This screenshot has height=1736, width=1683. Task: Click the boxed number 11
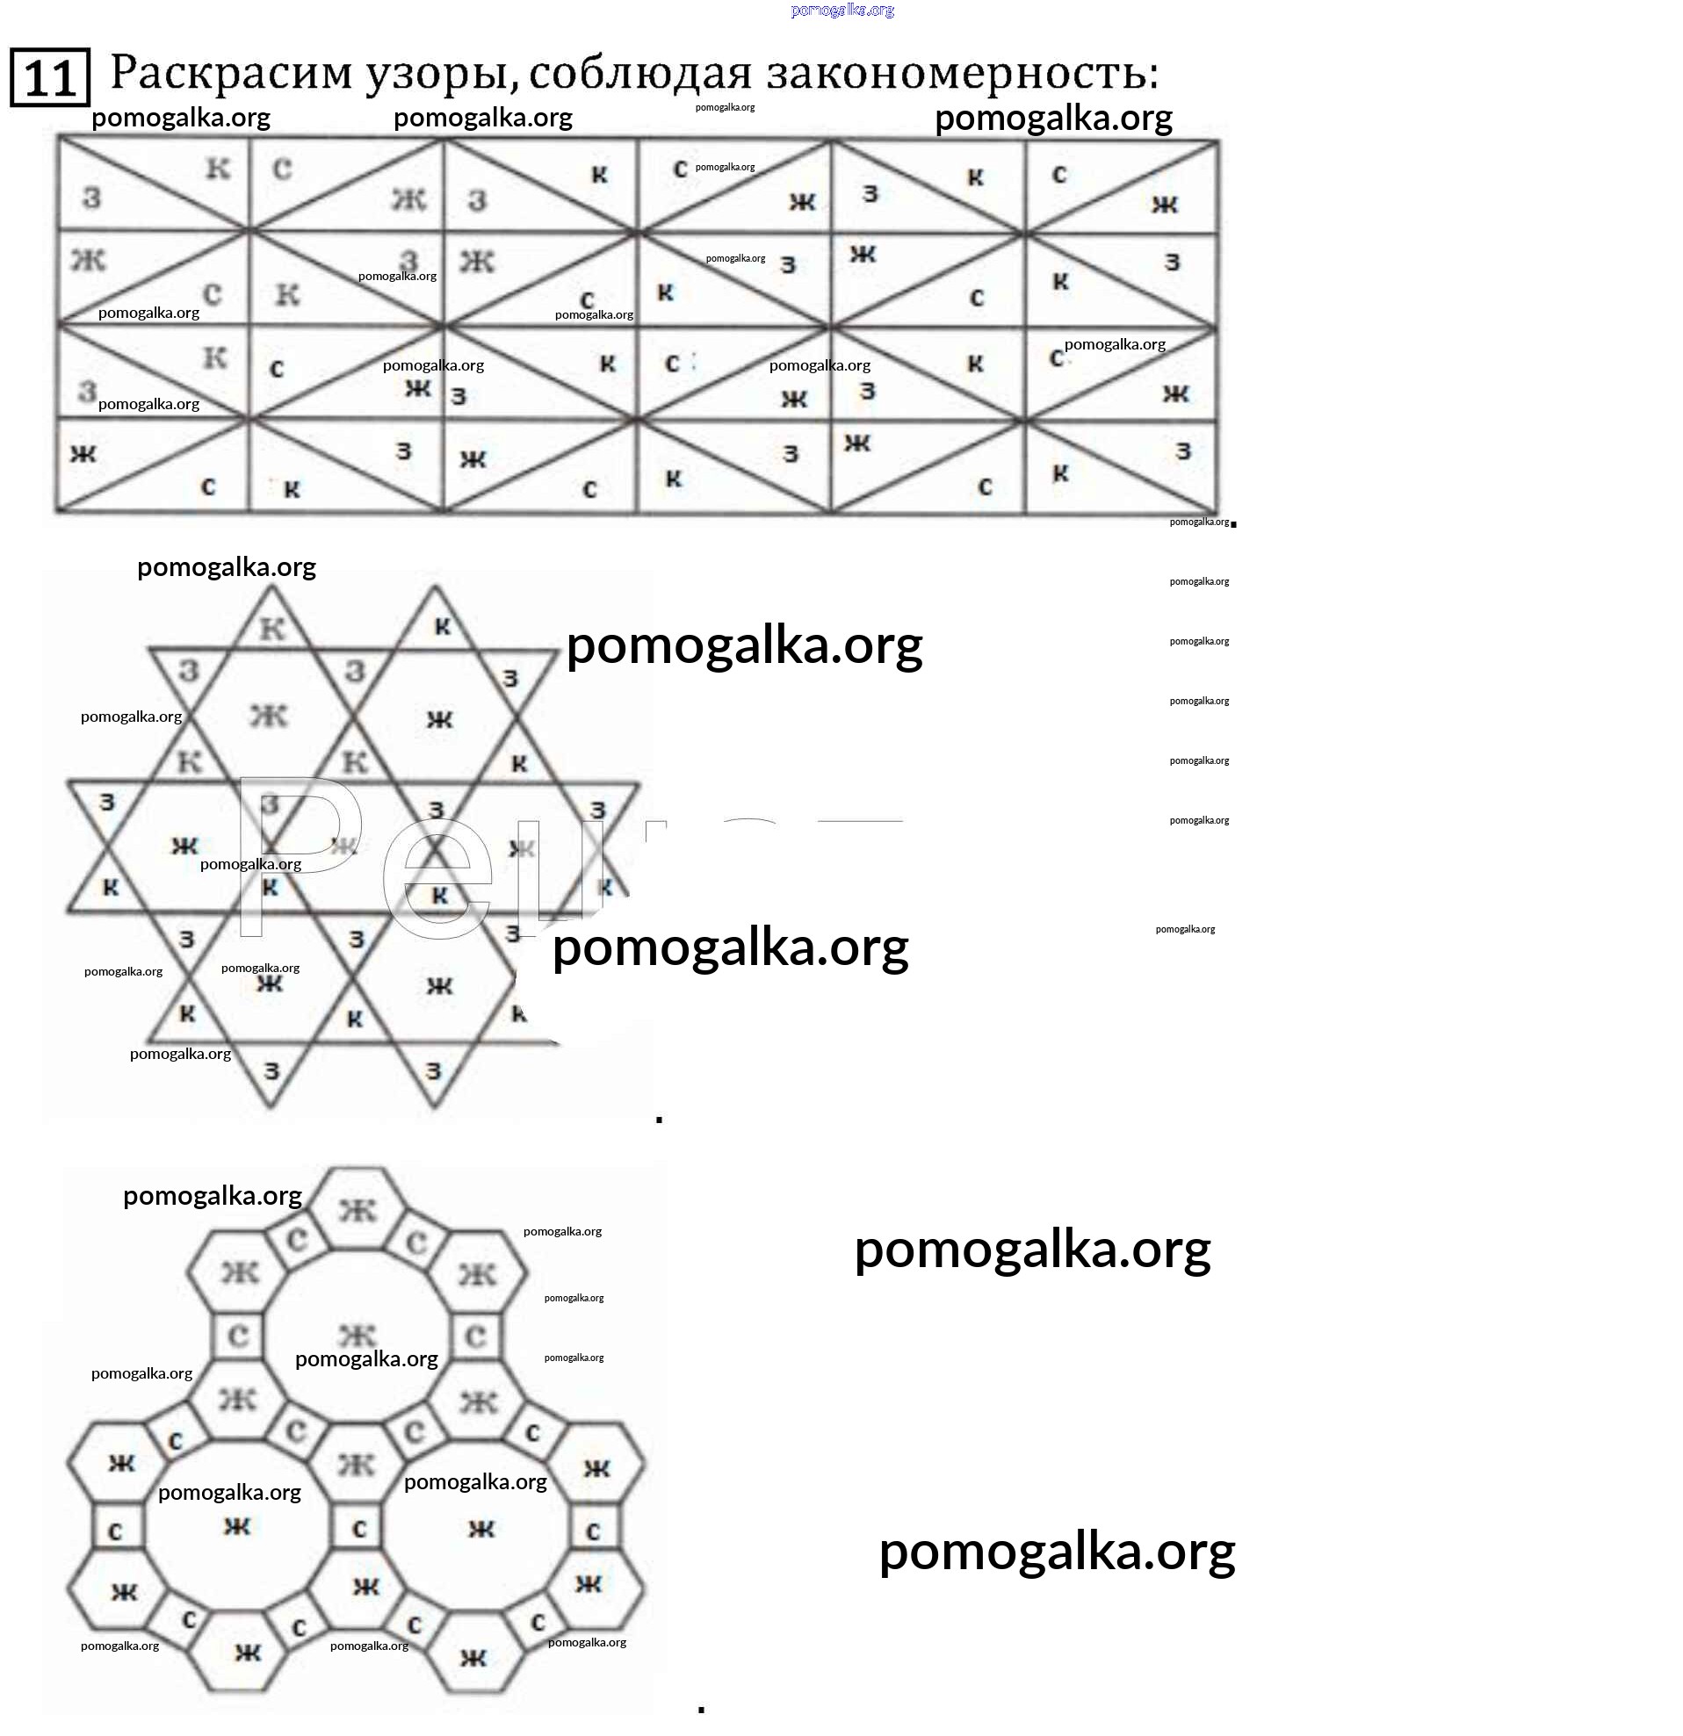point(49,78)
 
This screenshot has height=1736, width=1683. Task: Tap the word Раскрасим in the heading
point(231,74)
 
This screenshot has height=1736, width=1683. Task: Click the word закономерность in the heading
point(962,74)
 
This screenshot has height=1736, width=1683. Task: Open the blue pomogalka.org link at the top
point(841,11)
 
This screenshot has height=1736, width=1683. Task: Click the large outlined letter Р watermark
point(297,854)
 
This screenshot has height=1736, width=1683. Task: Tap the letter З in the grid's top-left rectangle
point(91,198)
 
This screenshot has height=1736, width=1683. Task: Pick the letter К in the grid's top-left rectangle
point(218,168)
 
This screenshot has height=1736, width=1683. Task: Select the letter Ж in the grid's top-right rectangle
point(1164,205)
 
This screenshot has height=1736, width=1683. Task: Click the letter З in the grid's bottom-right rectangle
point(1182,451)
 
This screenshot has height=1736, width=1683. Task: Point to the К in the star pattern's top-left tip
point(271,628)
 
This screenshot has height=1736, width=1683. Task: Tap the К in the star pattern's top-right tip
point(442,627)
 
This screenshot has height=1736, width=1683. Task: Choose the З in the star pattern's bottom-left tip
point(271,1070)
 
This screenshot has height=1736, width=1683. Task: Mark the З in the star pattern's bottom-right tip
point(433,1070)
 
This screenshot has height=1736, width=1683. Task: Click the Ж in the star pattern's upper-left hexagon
point(269,715)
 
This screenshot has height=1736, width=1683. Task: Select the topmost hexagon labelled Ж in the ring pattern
point(357,1210)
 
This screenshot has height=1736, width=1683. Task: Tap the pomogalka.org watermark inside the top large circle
point(365,1358)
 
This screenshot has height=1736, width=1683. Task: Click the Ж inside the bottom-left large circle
point(236,1526)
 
